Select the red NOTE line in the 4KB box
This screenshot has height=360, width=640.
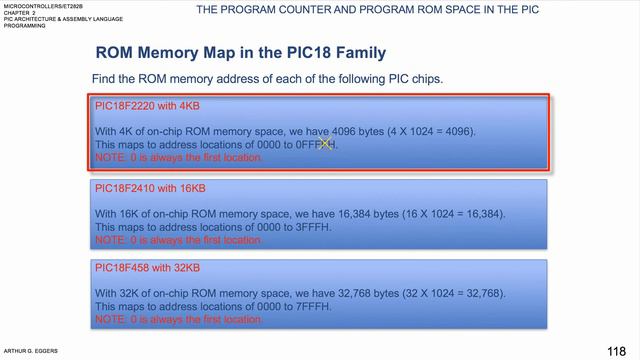(179, 157)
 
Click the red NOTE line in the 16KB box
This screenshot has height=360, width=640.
(179, 240)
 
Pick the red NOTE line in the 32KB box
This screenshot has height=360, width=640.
(179, 320)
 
